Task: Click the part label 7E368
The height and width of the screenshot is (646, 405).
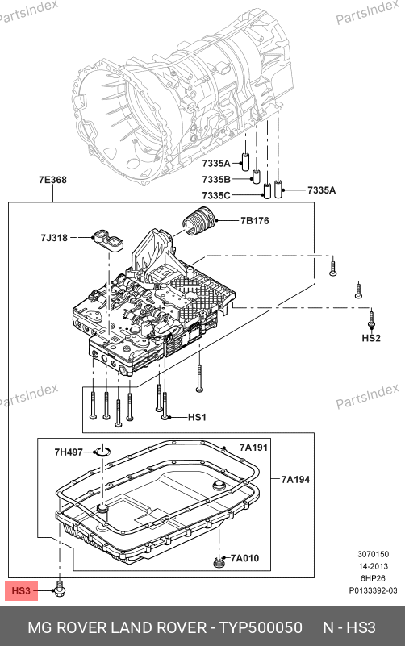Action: click(x=52, y=180)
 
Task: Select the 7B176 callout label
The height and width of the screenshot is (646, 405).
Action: click(x=255, y=221)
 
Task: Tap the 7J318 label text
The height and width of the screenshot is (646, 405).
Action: click(x=54, y=238)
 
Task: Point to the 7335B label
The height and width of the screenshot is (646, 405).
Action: click(x=216, y=180)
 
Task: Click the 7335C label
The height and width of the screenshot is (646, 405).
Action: click(x=216, y=195)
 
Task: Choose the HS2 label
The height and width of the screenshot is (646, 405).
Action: click(x=371, y=338)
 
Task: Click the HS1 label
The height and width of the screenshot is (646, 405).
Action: click(x=197, y=417)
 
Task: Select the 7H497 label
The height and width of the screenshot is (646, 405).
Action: click(x=69, y=452)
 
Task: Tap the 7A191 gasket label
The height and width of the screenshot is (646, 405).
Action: click(x=254, y=448)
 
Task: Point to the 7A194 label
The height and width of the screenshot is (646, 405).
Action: click(x=295, y=479)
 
